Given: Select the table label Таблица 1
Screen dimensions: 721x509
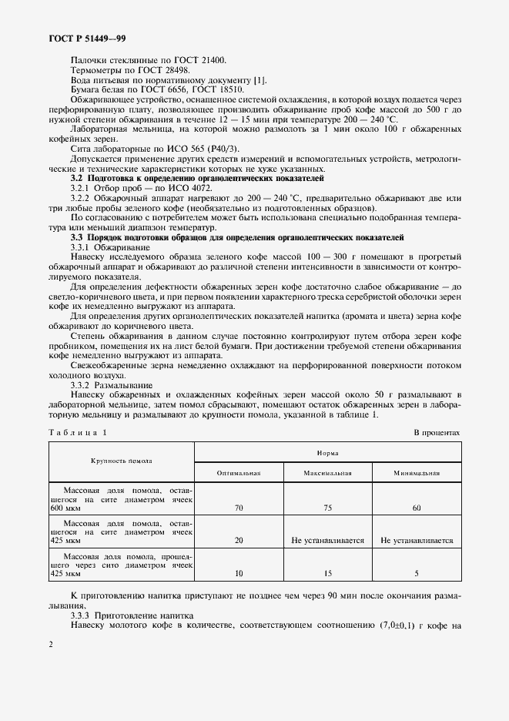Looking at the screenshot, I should click(x=79, y=432).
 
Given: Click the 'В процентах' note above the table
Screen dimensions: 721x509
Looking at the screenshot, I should click(x=437, y=432).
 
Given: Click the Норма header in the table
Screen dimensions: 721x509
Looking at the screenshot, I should click(x=327, y=453).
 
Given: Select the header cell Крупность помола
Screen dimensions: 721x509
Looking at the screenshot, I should click(x=122, y=462).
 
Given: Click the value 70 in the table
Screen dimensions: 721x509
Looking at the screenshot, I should click(x=239, y=508).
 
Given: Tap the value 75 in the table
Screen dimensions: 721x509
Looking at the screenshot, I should click(x=327, y=508).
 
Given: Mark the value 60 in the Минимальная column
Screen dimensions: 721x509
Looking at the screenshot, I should click(x=416, y=508).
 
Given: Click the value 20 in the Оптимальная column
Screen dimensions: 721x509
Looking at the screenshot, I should click(x=239, y=541).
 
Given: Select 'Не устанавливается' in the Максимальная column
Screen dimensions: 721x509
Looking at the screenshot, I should click(x=327, y=541).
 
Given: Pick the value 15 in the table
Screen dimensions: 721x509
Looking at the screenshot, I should click(x=327, y=574).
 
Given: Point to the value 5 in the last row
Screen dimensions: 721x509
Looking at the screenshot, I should click(x=416, y=574).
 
